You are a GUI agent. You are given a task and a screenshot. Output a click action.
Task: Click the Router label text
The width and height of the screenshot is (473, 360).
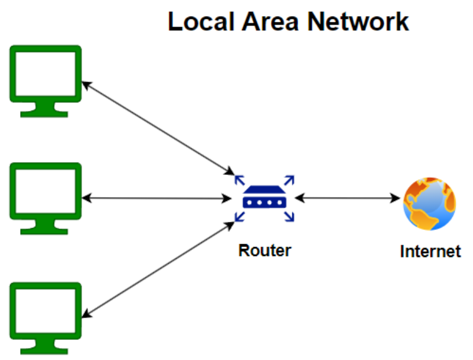coord(265,250)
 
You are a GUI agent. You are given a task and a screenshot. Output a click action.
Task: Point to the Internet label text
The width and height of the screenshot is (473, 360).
coord(430,251)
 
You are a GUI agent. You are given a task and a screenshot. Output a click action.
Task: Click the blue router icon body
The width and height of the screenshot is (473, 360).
coord(264,199)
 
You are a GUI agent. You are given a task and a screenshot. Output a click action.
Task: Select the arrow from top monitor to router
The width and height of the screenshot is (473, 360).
coord(156,128)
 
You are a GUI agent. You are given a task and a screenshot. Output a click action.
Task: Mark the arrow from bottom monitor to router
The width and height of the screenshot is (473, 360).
coord(156,269)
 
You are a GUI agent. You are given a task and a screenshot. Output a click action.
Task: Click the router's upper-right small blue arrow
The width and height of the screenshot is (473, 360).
coord(290,179)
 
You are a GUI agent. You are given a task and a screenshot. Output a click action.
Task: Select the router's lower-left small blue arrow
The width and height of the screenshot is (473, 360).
coord(239,218)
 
